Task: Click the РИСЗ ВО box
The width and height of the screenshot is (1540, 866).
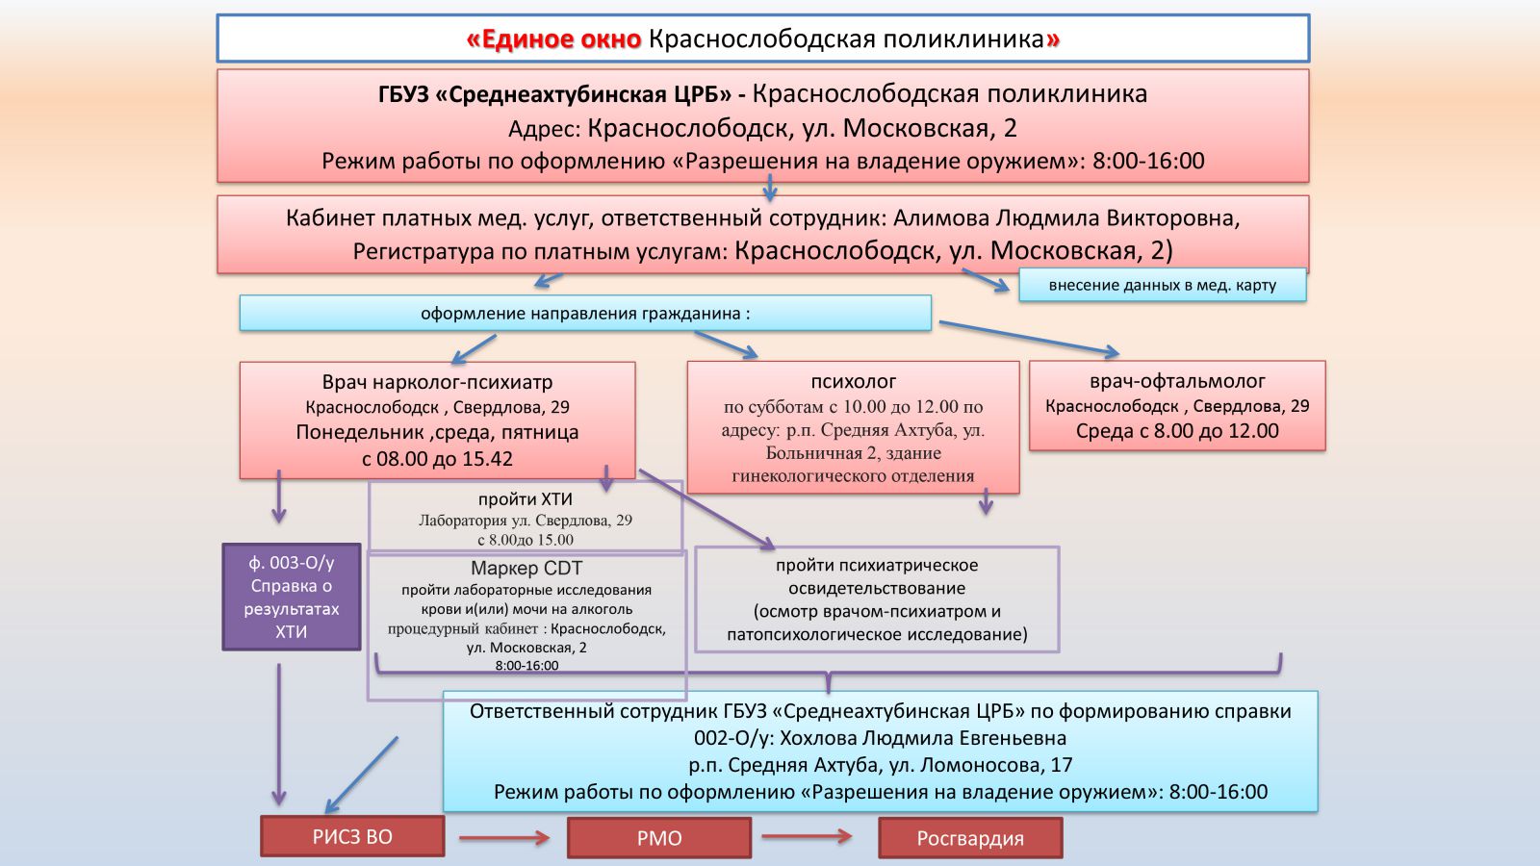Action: pyautogui.click(x=352, y=836)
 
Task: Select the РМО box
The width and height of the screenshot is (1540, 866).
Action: pyautogui.click(x=659, y=838)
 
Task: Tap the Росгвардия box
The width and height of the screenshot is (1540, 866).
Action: pyautogui.click(x=970, y=838)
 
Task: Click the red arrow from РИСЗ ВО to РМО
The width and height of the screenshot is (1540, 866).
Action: pyautogui.click(x=503, y=838)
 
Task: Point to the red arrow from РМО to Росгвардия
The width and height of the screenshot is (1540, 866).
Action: pyautogui.click(x=807, y=836)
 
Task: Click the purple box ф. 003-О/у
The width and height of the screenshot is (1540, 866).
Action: pyautogui.click(x=291, y=597)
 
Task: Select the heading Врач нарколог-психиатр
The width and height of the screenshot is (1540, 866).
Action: pyautogui.click(x=437, y=382)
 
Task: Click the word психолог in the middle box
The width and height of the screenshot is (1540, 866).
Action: pyautogui.click(x=853, y=381)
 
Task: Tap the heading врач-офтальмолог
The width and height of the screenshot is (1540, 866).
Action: pyautogui.click(x=1177, y=381)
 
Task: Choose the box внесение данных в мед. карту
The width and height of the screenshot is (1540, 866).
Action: pyautogui.click(x=1162, y=285)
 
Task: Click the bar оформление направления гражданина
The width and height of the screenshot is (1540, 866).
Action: pyautogui.click(x=585, y=314)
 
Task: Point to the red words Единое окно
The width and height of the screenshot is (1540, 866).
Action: pyautogui.click(x=553, y=39)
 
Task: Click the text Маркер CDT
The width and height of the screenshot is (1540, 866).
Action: pyautogui.click(x=526, y=569)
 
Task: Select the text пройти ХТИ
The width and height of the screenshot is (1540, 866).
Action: pyautogui.click(x=526, y=499)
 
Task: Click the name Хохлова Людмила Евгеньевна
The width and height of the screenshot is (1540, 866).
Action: pyautogui.click(x=922, y=738)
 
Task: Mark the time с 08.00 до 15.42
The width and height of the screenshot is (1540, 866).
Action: pyautogui.click(x=437, y=459)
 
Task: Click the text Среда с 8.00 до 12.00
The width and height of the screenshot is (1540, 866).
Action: pyautogui.click(x=1177, y=431)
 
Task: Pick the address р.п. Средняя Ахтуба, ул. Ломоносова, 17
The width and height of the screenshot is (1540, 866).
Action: pyautogui.click(x=880, y=765)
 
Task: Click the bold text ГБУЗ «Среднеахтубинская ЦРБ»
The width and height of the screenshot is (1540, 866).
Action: pyautogui.click(x=554, y=94)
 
